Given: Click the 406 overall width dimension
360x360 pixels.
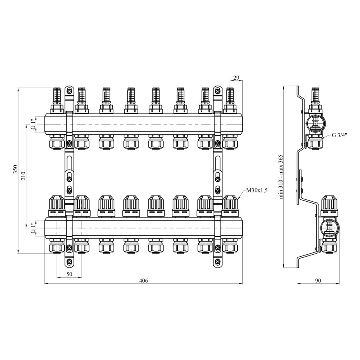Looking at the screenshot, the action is pyautogui.click(x=144, y=281).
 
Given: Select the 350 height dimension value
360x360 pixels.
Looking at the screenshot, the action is pyautogui.click(x=15, y=169).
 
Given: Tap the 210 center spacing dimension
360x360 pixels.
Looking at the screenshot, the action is pyautogui.click(x=24, y=176).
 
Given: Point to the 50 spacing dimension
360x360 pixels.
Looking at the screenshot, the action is pyautogui.click(x=69, y=274).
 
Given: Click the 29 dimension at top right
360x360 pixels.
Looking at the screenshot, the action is pyautogui.click(x=236, y=78).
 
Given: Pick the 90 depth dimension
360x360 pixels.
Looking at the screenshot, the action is pyautogui.click(x=318, y=280).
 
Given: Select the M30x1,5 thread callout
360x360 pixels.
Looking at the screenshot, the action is pyautogui.click(x=257, y=190).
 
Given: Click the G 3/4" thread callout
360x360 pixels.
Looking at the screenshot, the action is pyautogui.click(x=339, y=135).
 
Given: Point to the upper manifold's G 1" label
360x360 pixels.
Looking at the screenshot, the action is pyautogui.click(x=34, y=124).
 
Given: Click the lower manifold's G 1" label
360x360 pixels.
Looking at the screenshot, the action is pyautogui.click(x=34, y=228).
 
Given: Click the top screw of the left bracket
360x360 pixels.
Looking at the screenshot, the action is pyautogui.click(x=69, y=91).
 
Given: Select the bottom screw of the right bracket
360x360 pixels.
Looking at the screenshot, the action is pyautogui.click(x=218, y=262).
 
